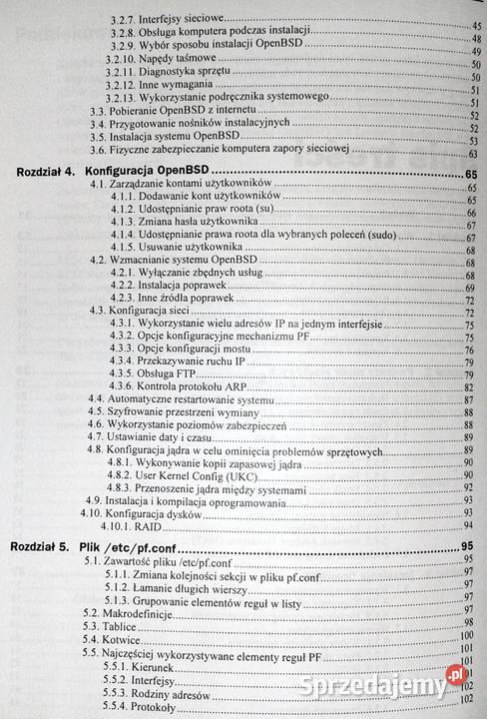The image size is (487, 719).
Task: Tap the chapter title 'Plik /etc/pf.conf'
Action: click(x=136, y=548)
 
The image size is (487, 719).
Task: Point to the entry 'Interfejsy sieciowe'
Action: click(x=184, y=18)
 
